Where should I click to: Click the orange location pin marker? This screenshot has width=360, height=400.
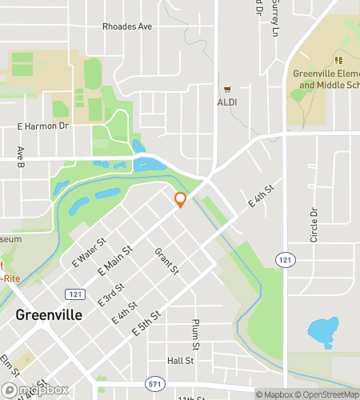pyautogui.click(x=180, y=200)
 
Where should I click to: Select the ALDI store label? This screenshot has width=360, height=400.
pyautogui.click(x=227, y=102)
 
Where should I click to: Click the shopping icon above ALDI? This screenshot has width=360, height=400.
pyautogui.click(x=227, y=90)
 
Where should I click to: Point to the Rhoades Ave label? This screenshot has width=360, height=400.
pyautogui.click(x=127, y=26)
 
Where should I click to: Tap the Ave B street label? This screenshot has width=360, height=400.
pyautogui.click(x=21, y=158)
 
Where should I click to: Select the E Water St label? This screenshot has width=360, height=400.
pyautogui.click(x=90, y=254)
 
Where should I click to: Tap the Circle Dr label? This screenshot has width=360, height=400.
pyautogui.click(x=314, y=226)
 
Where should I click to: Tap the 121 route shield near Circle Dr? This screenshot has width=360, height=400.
pyautogui.click(x=285, y=260)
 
